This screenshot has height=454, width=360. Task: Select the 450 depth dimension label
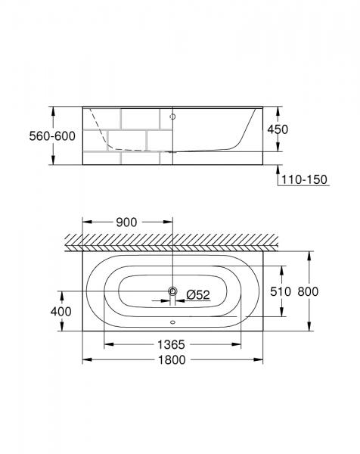click(x=278, y=129)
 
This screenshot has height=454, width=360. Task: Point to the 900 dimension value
click(x=126, y=222)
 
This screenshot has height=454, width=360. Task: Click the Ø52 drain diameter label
click(x=197, y=294)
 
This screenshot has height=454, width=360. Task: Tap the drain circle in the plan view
click(x=172, y=291)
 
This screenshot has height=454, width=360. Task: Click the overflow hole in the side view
click(x=172, y=117)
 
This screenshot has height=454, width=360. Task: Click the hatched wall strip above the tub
click(x=172, y=241)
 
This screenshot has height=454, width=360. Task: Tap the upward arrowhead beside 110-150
click(x=274, y=168)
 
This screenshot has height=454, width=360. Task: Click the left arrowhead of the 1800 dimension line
click(x=86, y=359)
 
